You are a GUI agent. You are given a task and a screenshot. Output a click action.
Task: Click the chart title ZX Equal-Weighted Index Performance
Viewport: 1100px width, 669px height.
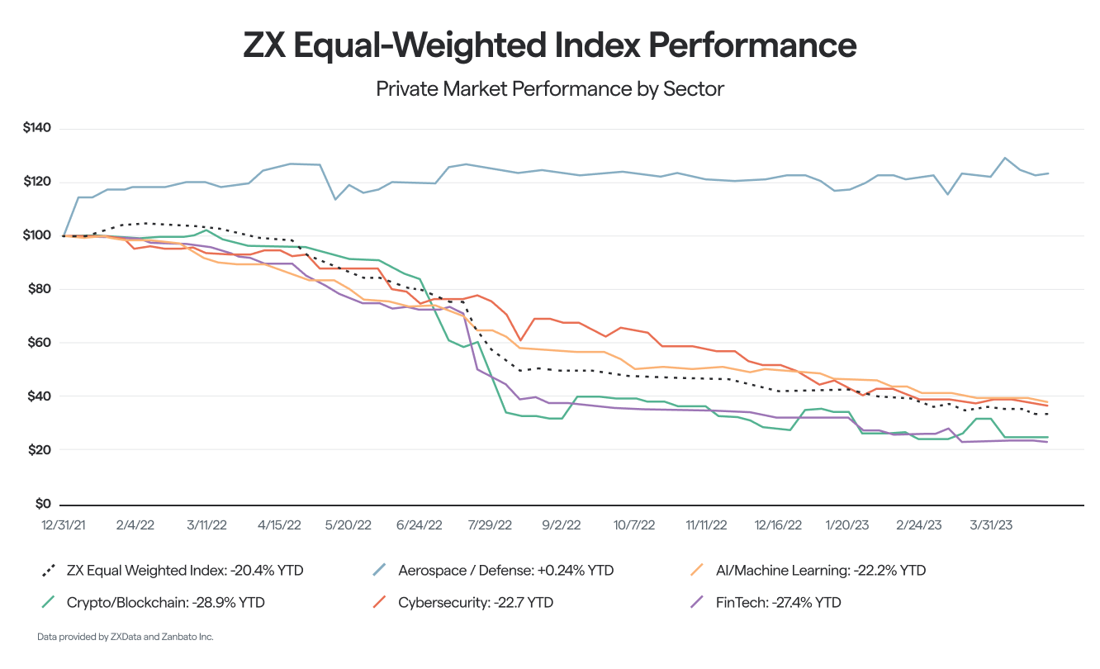[x=549, y=45]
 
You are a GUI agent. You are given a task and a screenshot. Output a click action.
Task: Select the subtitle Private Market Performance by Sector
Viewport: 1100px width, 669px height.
[x=549, y=88]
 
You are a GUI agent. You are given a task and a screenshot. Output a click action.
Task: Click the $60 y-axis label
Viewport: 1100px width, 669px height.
[x=37, y=343]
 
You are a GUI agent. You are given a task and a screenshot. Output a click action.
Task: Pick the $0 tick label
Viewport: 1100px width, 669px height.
[x=42, y=504]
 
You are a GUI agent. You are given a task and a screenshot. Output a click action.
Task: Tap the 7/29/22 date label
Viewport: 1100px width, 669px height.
[x=491, y=524]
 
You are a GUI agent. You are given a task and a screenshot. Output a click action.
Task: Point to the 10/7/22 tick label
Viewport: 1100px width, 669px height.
[x=634, y=524]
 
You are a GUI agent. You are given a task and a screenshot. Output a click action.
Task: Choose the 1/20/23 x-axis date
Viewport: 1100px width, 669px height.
[x=848, y=524]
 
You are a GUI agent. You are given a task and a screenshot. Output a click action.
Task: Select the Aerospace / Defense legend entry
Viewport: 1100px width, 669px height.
[x=505, y=570]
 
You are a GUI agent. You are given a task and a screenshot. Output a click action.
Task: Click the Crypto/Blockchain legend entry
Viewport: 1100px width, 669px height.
[x=165, y=602]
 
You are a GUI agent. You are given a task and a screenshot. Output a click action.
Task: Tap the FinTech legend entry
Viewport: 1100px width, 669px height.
[x=778, y=602]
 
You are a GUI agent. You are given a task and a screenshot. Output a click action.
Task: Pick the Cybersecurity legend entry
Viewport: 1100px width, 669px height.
[x=475, y=602]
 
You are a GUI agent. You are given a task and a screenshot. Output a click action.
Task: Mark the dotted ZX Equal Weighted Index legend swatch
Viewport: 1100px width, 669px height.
[x=49, y=570]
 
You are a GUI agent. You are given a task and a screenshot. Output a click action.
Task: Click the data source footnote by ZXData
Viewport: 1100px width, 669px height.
[x=126, y=637]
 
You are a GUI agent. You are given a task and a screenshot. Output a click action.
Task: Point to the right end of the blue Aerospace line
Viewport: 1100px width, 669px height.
[x=1048, y=173]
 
